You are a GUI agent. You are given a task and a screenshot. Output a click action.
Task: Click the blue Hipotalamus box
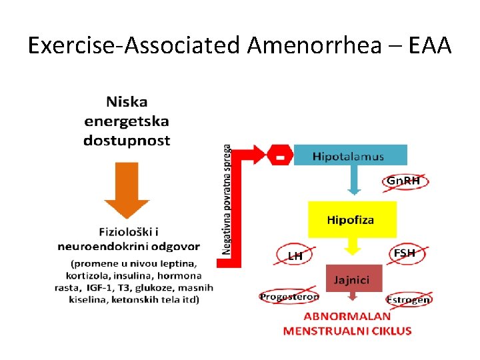click(349, 156)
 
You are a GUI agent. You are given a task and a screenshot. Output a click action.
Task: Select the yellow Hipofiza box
click(351, 220)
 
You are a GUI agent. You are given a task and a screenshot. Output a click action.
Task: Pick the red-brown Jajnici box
click(354, 279)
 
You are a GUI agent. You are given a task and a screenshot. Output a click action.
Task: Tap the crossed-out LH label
click(295, 255)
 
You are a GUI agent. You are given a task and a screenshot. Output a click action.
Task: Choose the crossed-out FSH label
click(405, 253)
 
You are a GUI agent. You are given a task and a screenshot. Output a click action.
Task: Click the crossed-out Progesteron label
click(289, 297)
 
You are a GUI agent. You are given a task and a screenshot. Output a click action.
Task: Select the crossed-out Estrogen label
click(409, 299)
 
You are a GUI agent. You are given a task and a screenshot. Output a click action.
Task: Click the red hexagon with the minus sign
click(281, 156)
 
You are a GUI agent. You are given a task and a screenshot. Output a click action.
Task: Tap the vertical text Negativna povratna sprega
click(227, 200)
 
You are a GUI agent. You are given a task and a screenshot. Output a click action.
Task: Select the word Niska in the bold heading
click(127, 103)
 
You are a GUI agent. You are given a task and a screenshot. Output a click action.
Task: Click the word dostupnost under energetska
click(127, 141)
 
